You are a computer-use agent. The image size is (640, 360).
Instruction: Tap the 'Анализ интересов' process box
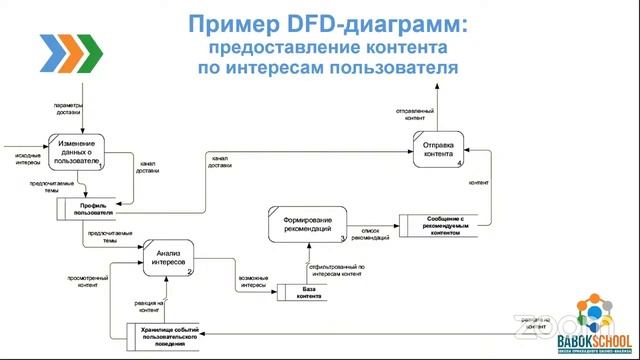pyautogui.click(x=169, y=257)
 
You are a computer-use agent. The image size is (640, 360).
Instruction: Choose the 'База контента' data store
pyautogui.click(x=309, y=292)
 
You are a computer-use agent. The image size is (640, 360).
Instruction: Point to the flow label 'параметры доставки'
pyautogui.click(x=67, y=108)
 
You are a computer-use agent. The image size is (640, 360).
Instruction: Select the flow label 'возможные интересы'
pyautogui.click(x=253, y=280)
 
